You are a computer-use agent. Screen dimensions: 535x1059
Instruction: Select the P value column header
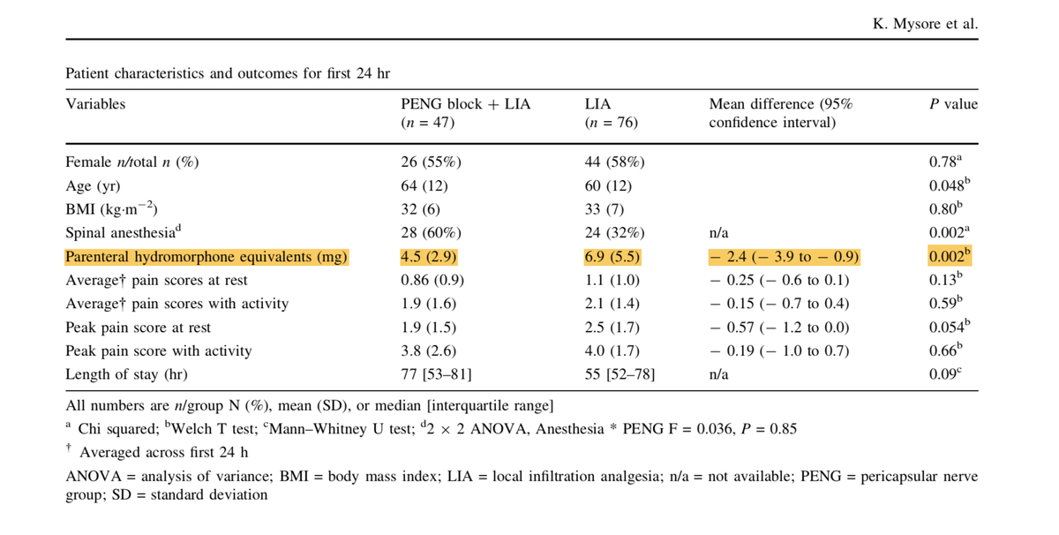tap(953, 104)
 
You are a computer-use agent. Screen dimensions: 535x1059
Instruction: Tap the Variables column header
tap(95, 104)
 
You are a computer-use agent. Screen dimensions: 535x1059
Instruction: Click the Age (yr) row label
tap(93, 186)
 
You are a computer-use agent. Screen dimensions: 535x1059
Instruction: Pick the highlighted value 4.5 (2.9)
tap(429, 257)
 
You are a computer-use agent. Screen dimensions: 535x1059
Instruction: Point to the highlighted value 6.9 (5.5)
tap(612, 257)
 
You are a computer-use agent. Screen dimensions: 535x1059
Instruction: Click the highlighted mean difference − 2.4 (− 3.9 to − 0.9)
tap(784, 257)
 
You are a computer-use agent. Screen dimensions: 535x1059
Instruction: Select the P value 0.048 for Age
tap(952, 186)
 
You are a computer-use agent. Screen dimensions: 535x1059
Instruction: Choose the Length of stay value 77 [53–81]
tap(436, 374)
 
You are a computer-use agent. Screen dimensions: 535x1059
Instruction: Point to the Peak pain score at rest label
tap(139, 328)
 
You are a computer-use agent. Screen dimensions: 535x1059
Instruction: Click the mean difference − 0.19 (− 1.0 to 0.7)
tap(779, 350)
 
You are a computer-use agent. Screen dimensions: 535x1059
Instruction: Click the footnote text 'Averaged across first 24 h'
tap(163, 453)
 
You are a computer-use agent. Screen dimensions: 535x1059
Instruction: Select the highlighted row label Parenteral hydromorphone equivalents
tap(207, 257)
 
